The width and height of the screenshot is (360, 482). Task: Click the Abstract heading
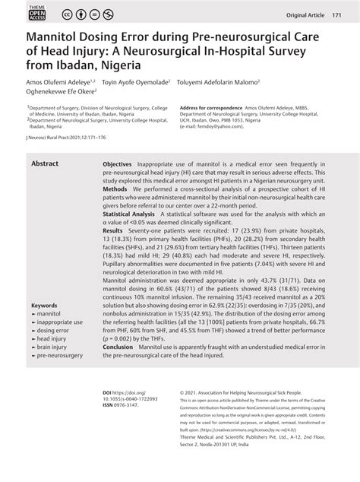pos(45,163)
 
